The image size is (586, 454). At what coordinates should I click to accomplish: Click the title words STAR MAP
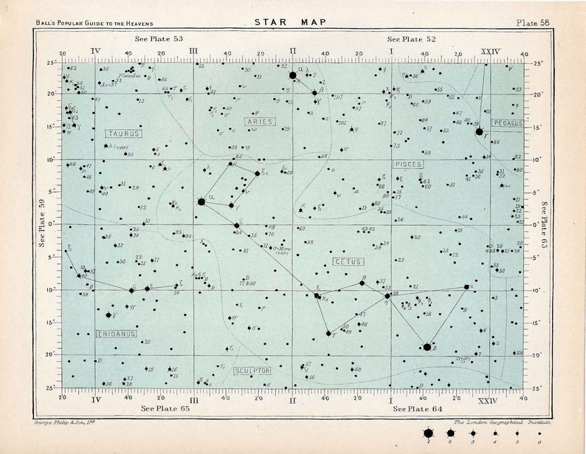click(x=292, y=22)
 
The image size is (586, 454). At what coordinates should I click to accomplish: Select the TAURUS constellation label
click(x=123, y=134)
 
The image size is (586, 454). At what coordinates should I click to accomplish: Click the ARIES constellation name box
click(x=260, y=121)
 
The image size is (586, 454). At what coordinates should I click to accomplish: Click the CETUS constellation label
click(x=348, y=261)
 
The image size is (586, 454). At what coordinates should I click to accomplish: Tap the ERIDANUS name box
click(x=116, y=334)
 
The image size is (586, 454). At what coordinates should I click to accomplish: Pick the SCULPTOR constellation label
click(x=252, y=370)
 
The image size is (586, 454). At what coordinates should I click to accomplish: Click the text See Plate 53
click(x=159, y=38)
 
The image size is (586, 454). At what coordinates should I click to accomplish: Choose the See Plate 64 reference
click(x=417, y=408)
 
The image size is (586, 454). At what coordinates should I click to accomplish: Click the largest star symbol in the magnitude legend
click(x=428, y=434)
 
